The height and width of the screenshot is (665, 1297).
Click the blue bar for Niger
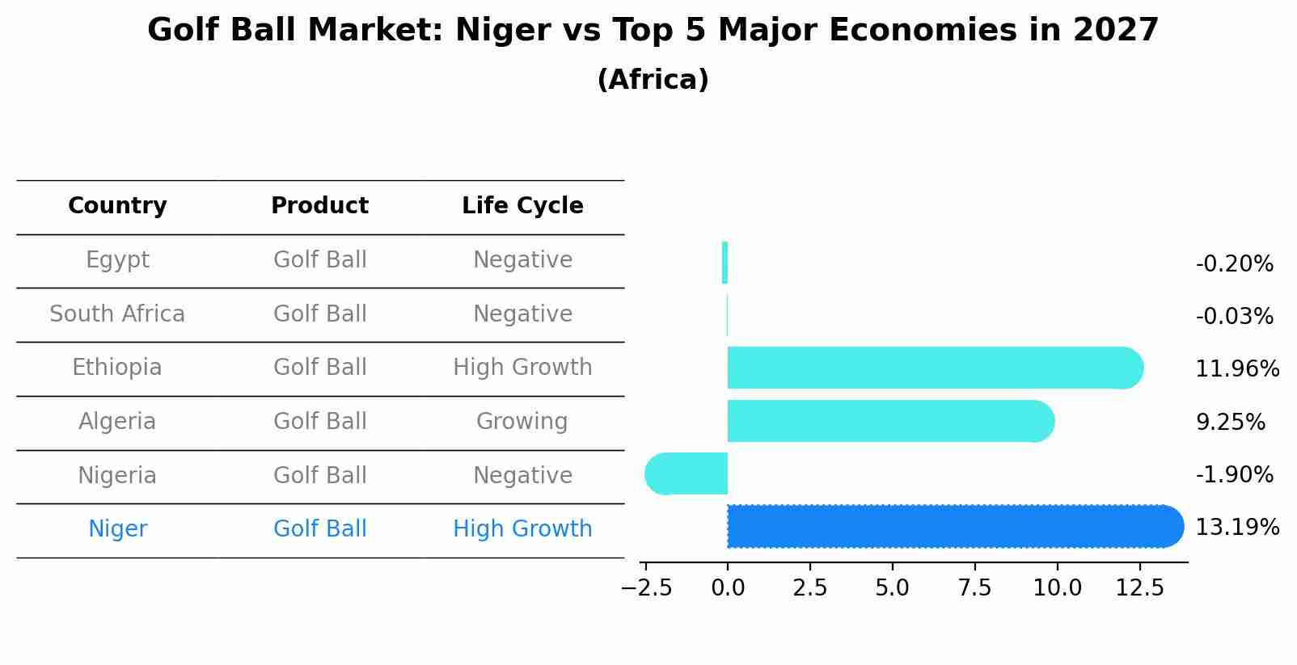click(954, 527)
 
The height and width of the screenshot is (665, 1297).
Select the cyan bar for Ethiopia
click(934, 368)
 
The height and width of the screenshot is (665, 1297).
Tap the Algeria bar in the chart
click(889, 421)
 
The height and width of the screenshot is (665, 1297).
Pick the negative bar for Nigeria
click(687, 473)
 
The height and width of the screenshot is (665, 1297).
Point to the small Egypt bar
click(725, 263)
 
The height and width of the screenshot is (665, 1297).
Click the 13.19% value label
click(1237, 528)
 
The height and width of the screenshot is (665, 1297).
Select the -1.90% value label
click(1234, 475)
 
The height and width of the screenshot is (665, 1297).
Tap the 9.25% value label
click(1230, 422)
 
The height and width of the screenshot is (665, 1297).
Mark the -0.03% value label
click(1234, 317)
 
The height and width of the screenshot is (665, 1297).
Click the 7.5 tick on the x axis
click(974, 588)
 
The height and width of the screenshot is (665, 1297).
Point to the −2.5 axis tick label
click(646, 588)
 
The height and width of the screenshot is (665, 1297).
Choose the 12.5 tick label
click(1139, 588)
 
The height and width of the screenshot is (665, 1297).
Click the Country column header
click(117, 206)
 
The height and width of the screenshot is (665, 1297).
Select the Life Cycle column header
click(522, 206)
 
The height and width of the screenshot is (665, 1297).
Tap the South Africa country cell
click(117, 314)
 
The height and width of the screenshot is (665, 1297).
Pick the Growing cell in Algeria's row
click(522, 421)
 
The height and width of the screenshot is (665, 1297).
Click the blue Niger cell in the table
click(117, 529)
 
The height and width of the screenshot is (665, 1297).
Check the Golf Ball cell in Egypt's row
click(320, 260)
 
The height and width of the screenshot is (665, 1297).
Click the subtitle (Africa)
click(653, 80)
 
